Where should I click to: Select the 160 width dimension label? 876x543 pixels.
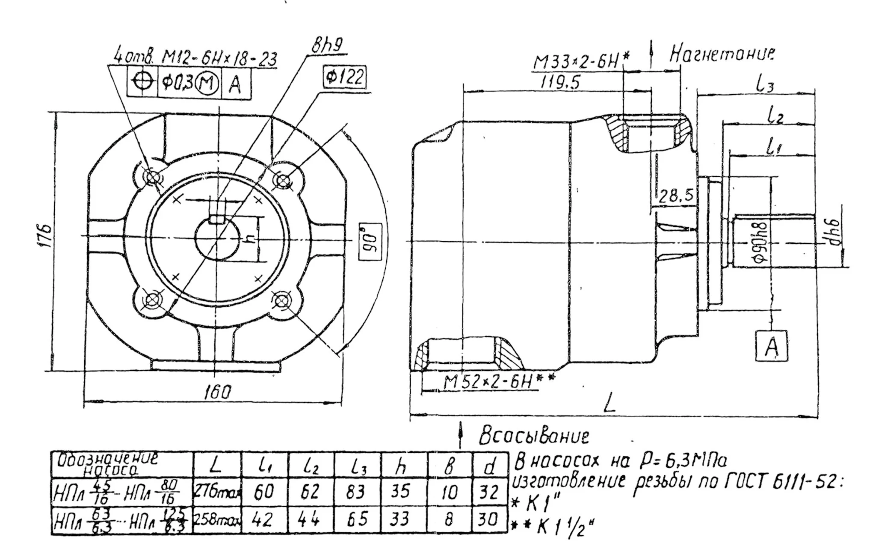[x=218, y=392]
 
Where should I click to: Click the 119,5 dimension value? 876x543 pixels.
[x=560, y=82]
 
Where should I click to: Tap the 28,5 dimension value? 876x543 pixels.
[x=675, y=196]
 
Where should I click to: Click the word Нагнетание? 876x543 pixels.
[x=722, y=54]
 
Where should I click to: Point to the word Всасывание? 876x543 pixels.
[x=534, y=436]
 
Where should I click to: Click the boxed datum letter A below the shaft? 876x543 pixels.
[x=771, y=346]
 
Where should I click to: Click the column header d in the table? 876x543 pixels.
[x=490, y=466]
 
